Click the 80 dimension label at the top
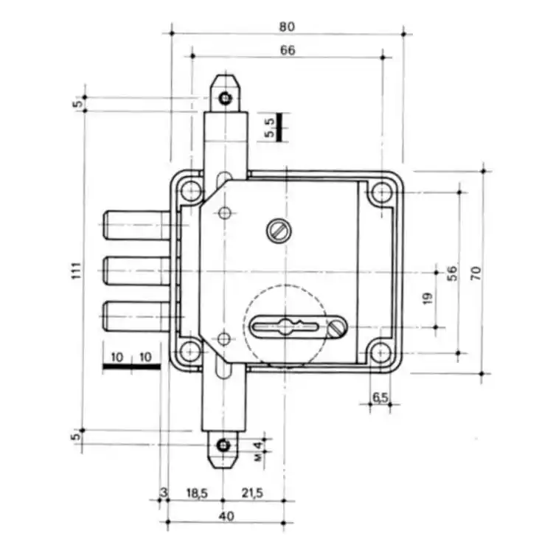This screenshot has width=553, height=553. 287,27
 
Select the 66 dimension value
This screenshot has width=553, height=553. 288,50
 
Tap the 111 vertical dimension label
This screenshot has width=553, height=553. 77,271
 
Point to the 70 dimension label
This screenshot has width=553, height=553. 476,274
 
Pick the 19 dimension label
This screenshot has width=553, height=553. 428,299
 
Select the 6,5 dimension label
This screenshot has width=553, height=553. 380,397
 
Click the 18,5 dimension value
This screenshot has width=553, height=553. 197,493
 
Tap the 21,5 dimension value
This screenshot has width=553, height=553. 252,493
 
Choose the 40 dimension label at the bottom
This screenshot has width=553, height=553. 226,516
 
